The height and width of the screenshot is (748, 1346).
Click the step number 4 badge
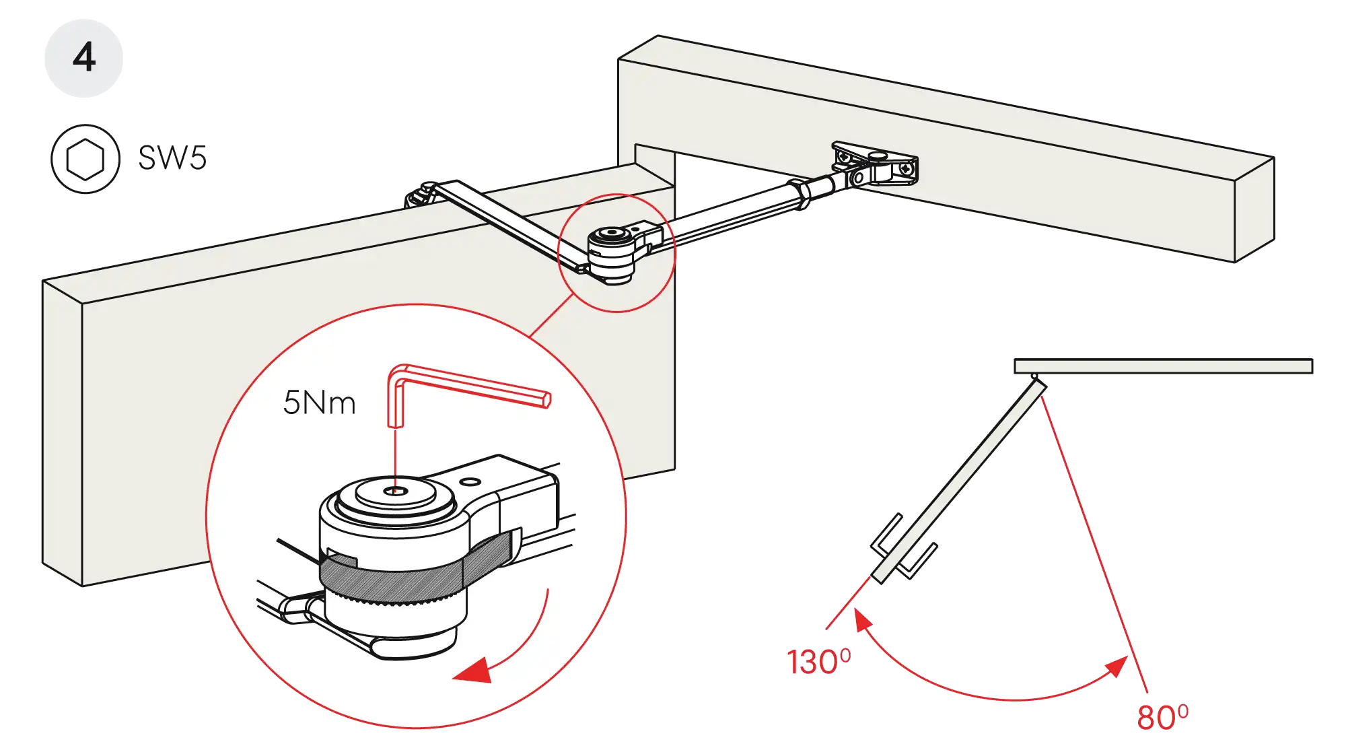coord(83,58)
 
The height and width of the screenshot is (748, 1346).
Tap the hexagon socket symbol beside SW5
coord(85,159)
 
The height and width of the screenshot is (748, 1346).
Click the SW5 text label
coord(174,158)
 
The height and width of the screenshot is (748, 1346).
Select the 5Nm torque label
coord(319,403)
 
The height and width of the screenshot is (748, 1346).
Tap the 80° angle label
coord(1162,717)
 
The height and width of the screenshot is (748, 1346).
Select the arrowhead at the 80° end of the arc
coord(1117,667)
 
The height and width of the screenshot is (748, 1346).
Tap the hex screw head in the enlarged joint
coord(397,492)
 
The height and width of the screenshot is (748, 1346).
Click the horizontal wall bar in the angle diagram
coord(1163,366)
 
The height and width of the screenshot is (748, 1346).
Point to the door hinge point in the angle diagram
coord(1034,377)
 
